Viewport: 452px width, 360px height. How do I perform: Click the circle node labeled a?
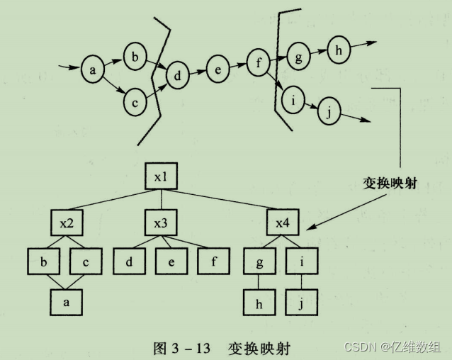(x=93, y=69)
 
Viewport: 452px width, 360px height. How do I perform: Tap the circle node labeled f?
(x=259, y=62)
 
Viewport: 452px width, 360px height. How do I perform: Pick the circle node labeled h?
(x=338, y=50)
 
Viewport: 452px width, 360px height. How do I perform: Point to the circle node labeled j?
(x=328, y=110)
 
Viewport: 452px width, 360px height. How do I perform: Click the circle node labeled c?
(x=134, y=103)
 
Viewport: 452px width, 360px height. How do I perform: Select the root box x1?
(x=160, y=176)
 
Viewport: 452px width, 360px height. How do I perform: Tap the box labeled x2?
(x=66, y=223)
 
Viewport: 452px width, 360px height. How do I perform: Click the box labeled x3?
(x=160, y=223)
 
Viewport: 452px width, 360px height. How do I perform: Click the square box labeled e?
(x=173, y=260)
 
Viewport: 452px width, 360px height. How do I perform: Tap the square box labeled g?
(x=259, y=260)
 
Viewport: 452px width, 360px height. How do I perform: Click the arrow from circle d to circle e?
(x=198, y=72)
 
